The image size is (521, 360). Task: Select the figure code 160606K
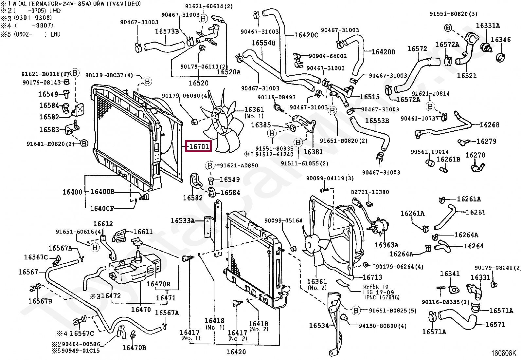point(503,353)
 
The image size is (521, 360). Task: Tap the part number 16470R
point(158,284)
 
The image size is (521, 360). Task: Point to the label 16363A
point(386,245)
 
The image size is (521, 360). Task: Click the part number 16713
point(372,277)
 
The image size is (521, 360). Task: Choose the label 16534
point(319,325)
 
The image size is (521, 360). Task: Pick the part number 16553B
point(377,121)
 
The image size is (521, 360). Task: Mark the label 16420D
point(383,52)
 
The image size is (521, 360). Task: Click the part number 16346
point(501,40)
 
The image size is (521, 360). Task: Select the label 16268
point(489,125)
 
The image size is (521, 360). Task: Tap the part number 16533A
point(182,221)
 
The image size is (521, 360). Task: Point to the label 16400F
point(102,208)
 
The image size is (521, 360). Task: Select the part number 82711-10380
point(370,192)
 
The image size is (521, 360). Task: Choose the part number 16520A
point(228,72)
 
